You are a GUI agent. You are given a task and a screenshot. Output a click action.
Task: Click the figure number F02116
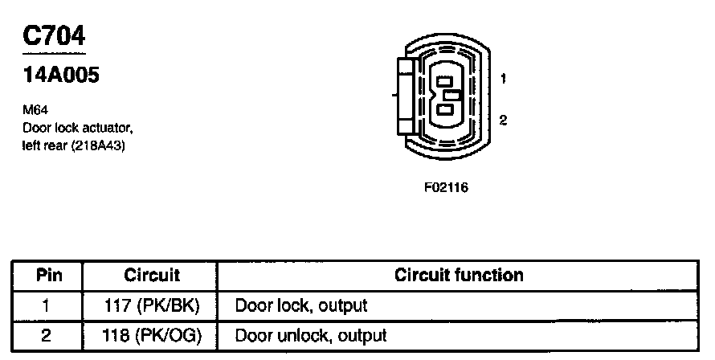(446, 188)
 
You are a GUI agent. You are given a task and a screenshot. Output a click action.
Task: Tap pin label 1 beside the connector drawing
(503, 79)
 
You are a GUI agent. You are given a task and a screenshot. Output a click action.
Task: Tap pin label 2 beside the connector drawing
(503, 121)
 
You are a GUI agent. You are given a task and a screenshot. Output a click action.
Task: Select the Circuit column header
(151, 276)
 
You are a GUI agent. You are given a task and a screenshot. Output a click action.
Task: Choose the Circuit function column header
(459, 276)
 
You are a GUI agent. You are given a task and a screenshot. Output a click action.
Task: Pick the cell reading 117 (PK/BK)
(151, 305)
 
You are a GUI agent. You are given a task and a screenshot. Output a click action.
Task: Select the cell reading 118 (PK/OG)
(151, 334)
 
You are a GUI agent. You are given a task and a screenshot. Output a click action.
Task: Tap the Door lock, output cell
(300, 305)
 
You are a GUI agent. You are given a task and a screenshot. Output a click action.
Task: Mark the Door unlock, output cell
(309, 334)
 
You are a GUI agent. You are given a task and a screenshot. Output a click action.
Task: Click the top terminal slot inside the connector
(443, 81)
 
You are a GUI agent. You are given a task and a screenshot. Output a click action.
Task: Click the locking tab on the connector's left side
(404, 95)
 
